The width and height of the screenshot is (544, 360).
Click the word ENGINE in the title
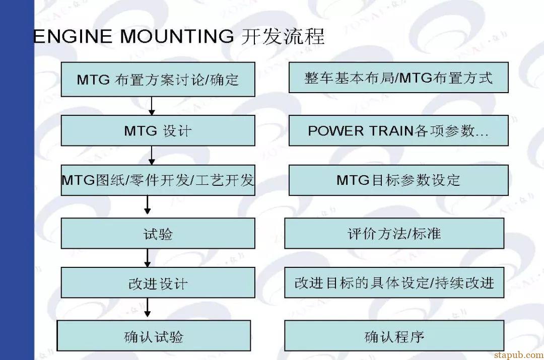click(73, 36)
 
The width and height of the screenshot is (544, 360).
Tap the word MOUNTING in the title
click(177, 36)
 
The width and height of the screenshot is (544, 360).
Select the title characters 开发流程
click(283, 36)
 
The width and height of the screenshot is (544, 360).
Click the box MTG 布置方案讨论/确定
click(158, 80)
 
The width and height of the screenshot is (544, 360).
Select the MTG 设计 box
click(158, 130)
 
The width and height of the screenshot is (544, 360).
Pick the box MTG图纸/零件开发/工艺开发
click(158, 180)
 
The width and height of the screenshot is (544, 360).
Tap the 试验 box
click(158, 234)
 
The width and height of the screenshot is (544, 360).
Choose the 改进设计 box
click(158, 282)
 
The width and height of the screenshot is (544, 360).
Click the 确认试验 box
click(154, 336)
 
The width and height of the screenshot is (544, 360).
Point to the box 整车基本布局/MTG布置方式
click(398, 78)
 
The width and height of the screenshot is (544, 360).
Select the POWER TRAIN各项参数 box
click(398, 130)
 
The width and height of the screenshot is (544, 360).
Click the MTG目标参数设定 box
click(398, 180)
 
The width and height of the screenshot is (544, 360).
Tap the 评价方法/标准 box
click(394, 234)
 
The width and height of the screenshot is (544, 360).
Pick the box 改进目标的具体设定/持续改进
click(394, 282)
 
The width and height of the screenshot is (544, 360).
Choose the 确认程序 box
click(394, 336)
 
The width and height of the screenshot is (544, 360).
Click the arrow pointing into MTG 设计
click(152, 106)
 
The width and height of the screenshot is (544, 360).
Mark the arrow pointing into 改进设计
click(148, 258)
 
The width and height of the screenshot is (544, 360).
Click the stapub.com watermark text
click(519, 355)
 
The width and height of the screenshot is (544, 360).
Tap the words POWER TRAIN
click(361, 131)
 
